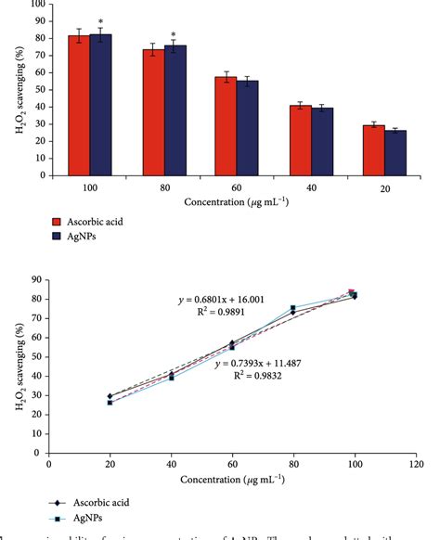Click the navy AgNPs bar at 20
(395, 153)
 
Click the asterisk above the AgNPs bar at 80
(173, 33)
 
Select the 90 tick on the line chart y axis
(37, 279)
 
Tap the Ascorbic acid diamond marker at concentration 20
(110, 396)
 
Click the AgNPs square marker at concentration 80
(293, 308)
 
